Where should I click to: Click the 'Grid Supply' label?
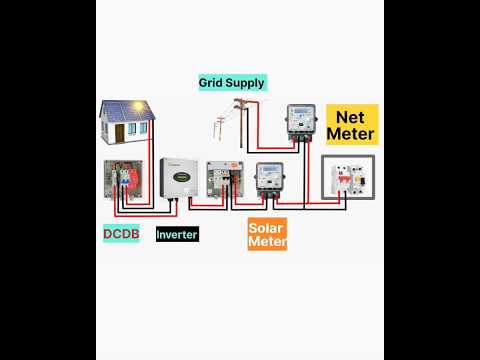(x=237, y=83)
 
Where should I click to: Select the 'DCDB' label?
(x=121, y=234)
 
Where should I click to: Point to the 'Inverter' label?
(x=177, y=234)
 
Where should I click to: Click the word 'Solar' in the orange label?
(x=267, y=227)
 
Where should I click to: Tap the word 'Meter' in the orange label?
(x=267, y=242)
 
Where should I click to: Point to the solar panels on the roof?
(x=124, y=109)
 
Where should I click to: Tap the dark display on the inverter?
(x=176, y=182)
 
